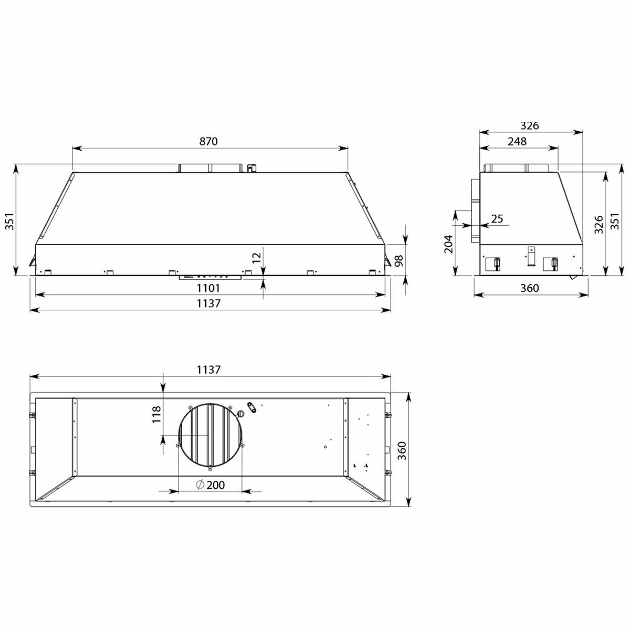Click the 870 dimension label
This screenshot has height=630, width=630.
pos(208,141)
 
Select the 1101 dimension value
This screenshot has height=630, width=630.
pos(208,288)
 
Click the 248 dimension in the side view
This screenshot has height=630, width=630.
pos(517,141)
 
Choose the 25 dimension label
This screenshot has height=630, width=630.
pos(497,219)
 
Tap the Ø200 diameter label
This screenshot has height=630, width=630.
pos(209,485)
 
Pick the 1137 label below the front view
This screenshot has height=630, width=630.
pos(208,303)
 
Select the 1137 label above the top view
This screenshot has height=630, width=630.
pos(208,369)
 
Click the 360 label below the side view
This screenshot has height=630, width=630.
pos(530,288)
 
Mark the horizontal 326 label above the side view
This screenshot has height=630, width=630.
pos(530,126)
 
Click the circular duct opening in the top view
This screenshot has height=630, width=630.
pos(210,436)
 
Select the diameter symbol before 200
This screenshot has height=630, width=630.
pos(199,485)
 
